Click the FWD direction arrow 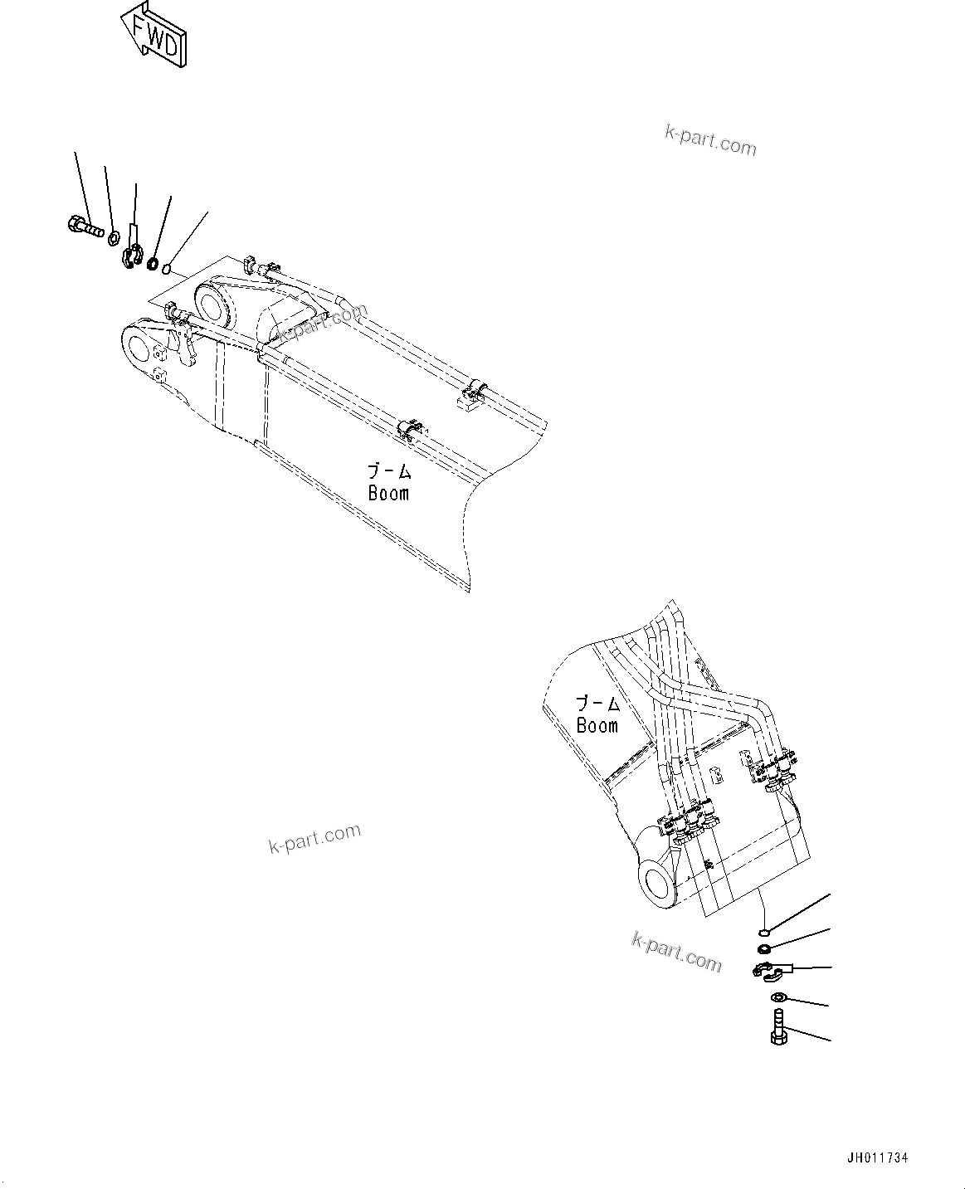(x=155, y=35)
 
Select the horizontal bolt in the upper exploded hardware (x=82, y=224)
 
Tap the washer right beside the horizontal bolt (x=113, y=239)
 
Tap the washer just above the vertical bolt (x=777, y=997)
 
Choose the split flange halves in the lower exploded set (x=768, y=970)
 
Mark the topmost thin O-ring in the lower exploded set (x=764, y=932)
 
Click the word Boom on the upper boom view (x=388, y=493)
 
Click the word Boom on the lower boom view (x=597, y=726)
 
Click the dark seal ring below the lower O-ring (x=764, y=949)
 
